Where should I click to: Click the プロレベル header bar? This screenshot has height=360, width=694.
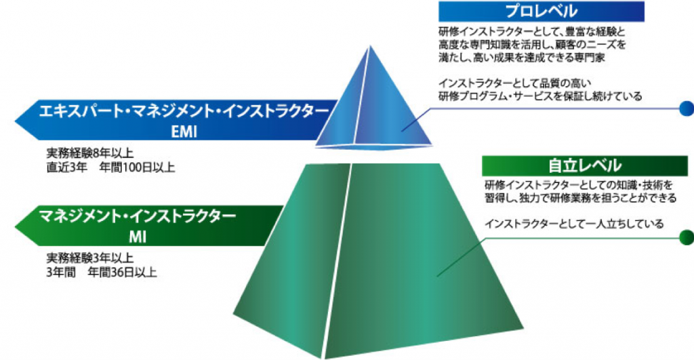[x=542, y=11]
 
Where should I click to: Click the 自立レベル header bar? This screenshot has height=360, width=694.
[x=585, y=166]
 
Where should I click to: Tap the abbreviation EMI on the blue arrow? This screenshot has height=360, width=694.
[x=184, y=132]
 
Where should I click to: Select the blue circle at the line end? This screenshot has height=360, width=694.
[x=687, y=108]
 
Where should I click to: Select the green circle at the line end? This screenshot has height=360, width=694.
[x=687, y=237]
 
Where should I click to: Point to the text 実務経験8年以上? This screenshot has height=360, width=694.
[x=90, y=153]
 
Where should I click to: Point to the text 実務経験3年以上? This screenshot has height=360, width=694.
[x=90, y=258]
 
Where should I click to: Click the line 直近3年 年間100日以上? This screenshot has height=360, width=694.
[x=110, y=167]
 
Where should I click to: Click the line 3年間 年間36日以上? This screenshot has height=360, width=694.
[x=102, y=272]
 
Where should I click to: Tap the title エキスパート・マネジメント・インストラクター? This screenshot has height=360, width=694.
[x=184, y=111]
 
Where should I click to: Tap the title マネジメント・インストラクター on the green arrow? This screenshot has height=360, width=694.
[x=137, y=216]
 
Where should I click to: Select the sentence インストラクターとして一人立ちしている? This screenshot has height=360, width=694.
[x=574, y=224]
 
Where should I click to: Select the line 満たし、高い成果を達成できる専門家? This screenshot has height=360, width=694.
[x=522, y=57]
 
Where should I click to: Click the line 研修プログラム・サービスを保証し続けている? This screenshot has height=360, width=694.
[x=540, y=96]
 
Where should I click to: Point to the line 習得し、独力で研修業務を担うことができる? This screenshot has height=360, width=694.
[x=580, y=197]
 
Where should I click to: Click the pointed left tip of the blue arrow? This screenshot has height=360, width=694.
[x=16, y=121]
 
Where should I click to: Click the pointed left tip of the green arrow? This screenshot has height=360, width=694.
[x=16, y=226]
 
